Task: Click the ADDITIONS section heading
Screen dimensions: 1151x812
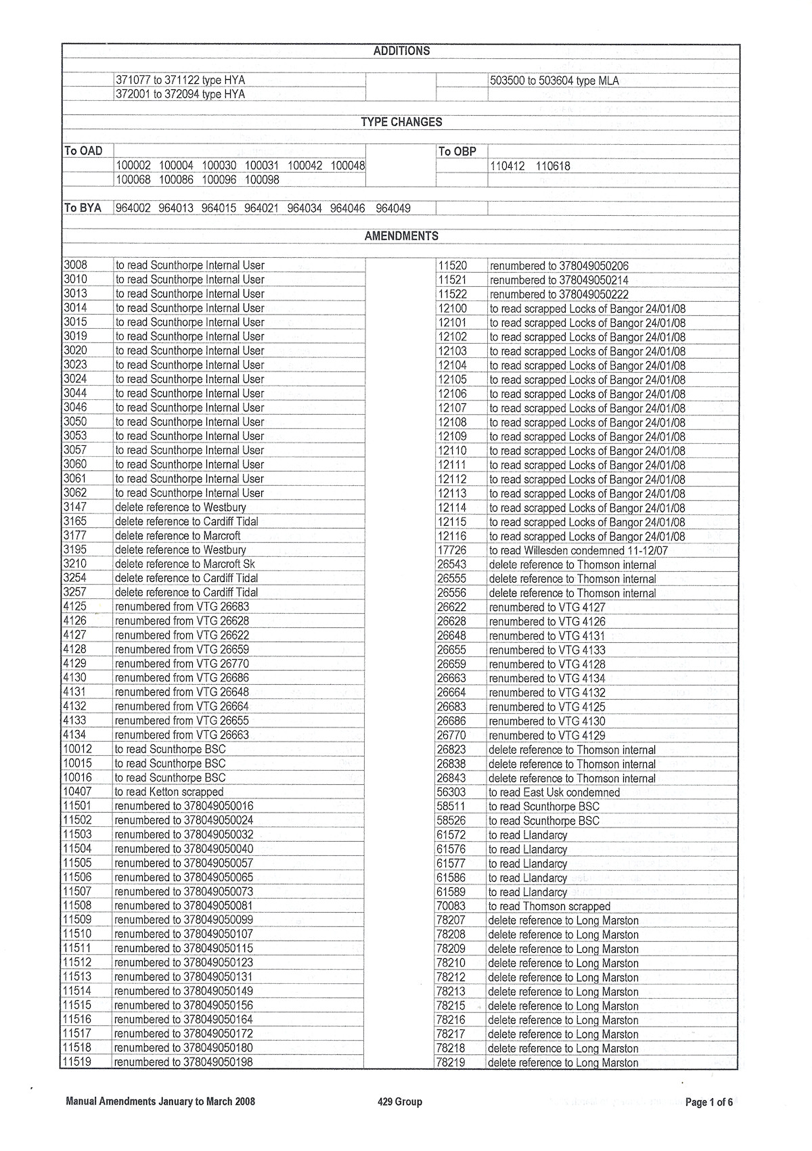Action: point(401,51)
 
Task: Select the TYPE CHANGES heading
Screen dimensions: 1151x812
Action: point(401,122)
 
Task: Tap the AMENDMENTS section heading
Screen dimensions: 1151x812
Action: point(401,236)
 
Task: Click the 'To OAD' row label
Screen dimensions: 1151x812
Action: point(83,151)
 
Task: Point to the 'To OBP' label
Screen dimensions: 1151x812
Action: point(457,152)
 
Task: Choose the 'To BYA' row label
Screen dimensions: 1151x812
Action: point(83,208)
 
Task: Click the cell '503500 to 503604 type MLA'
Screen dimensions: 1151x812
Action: point(554,81)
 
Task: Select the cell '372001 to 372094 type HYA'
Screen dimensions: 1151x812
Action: point(180,95)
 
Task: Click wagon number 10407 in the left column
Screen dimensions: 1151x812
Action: point(77,791)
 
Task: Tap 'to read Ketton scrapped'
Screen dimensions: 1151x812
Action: point(169,792)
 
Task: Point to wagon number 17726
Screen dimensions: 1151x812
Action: point(451,550)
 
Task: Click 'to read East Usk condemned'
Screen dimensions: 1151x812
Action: point(554,792)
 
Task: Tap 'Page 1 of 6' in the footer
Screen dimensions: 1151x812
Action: point(709,1102)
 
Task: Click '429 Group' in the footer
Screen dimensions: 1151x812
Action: point(400,1102)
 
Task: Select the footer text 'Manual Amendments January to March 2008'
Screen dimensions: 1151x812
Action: point(160,1102)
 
